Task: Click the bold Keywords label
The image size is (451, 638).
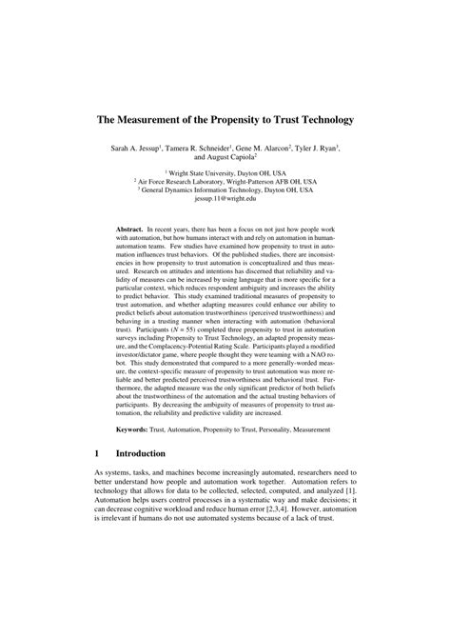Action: (133, 430)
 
